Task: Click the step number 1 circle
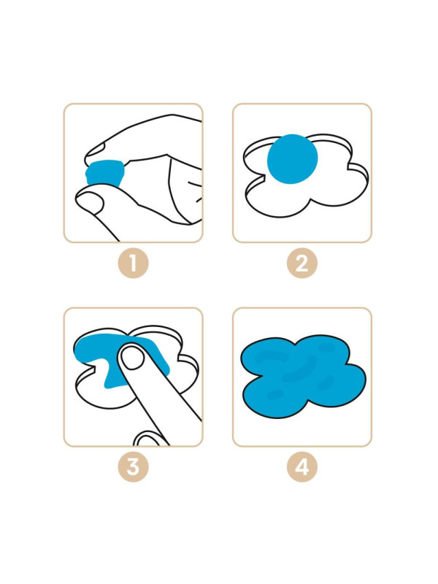(x=134, y=263)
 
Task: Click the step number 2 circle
(x=302, y=263)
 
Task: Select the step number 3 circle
(x=134, y=466)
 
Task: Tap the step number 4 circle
(x=302, y=466)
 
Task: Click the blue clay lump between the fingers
(x=105, y=172)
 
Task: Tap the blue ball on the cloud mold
(x=293, y=158)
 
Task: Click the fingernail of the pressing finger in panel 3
(x=133, y=358)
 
